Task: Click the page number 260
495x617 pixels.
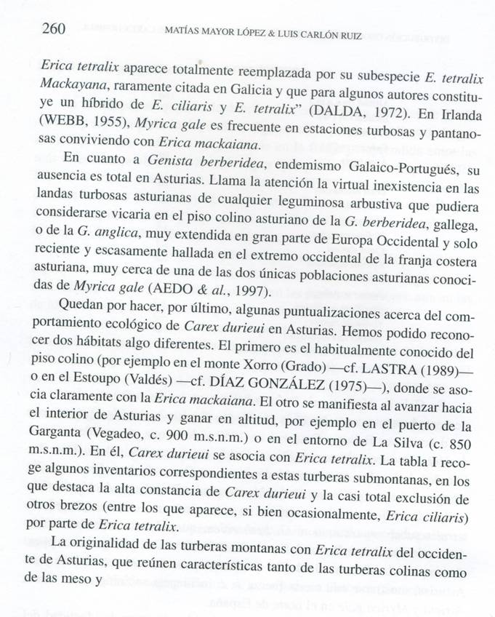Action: point(55,29)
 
